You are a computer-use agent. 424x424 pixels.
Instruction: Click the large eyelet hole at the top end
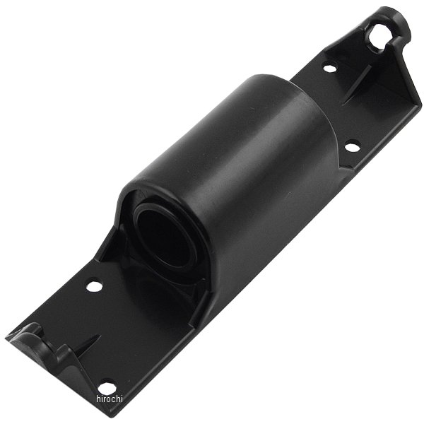379,36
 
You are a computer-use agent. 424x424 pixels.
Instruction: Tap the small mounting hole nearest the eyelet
329,69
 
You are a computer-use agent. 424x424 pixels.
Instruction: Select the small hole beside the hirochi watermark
107,387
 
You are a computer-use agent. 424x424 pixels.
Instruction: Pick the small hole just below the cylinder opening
94,286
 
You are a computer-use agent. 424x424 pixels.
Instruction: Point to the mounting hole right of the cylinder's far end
351,146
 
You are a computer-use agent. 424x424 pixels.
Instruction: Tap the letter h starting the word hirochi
98,399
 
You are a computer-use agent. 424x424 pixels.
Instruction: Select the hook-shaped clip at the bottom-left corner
35,339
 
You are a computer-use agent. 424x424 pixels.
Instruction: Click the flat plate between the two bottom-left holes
99,332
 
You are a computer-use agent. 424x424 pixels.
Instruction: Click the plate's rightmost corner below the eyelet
418,106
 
